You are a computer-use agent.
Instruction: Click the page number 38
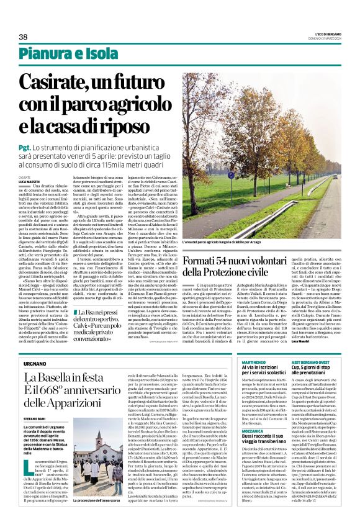point(24,37)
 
